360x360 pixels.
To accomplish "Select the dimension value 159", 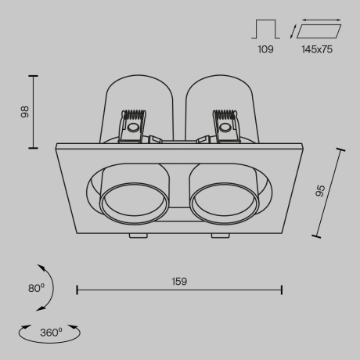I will [x=179, y=280].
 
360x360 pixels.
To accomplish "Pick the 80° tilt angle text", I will [x=34, y=288].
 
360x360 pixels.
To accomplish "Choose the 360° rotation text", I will [x=51, y=332].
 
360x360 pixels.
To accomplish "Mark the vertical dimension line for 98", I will [x=34, y=111].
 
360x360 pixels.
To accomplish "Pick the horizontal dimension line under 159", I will [x=179, y=290].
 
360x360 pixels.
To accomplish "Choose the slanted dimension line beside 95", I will [x=329, y=193].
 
